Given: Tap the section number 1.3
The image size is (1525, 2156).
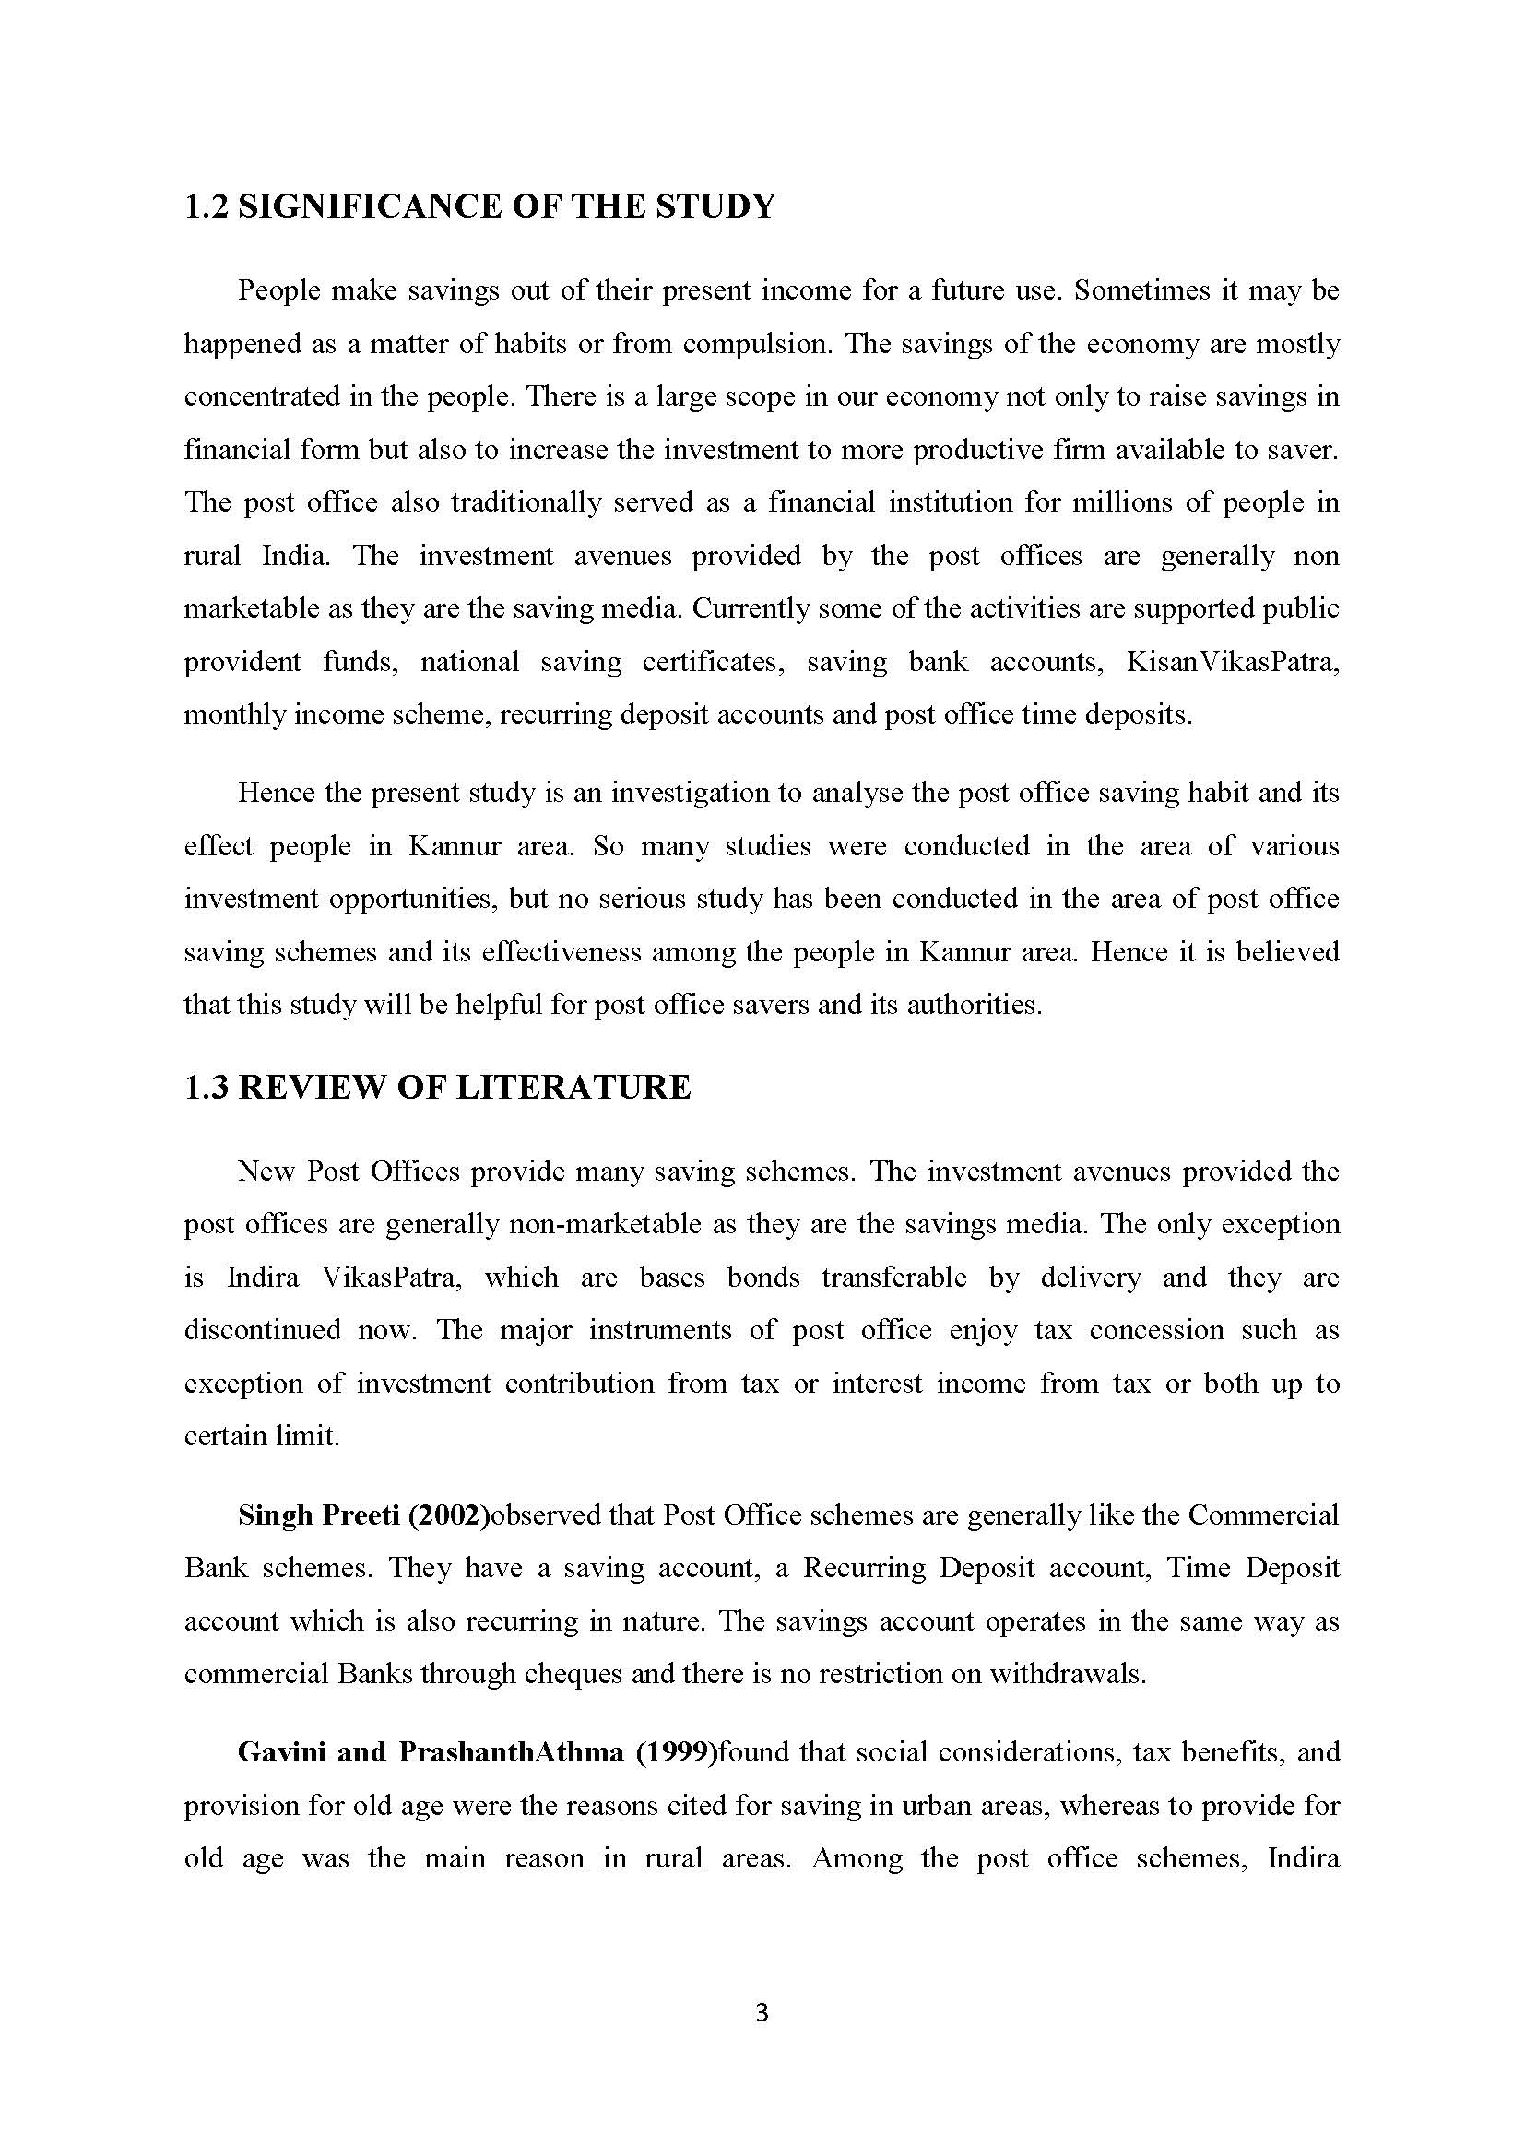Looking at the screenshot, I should tap(206, 1089).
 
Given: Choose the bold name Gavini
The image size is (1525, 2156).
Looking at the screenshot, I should tap(286, 1753).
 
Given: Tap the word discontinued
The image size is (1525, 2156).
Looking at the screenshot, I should tap(262, 1331).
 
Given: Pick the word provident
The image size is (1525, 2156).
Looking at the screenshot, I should tap(242, 662).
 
